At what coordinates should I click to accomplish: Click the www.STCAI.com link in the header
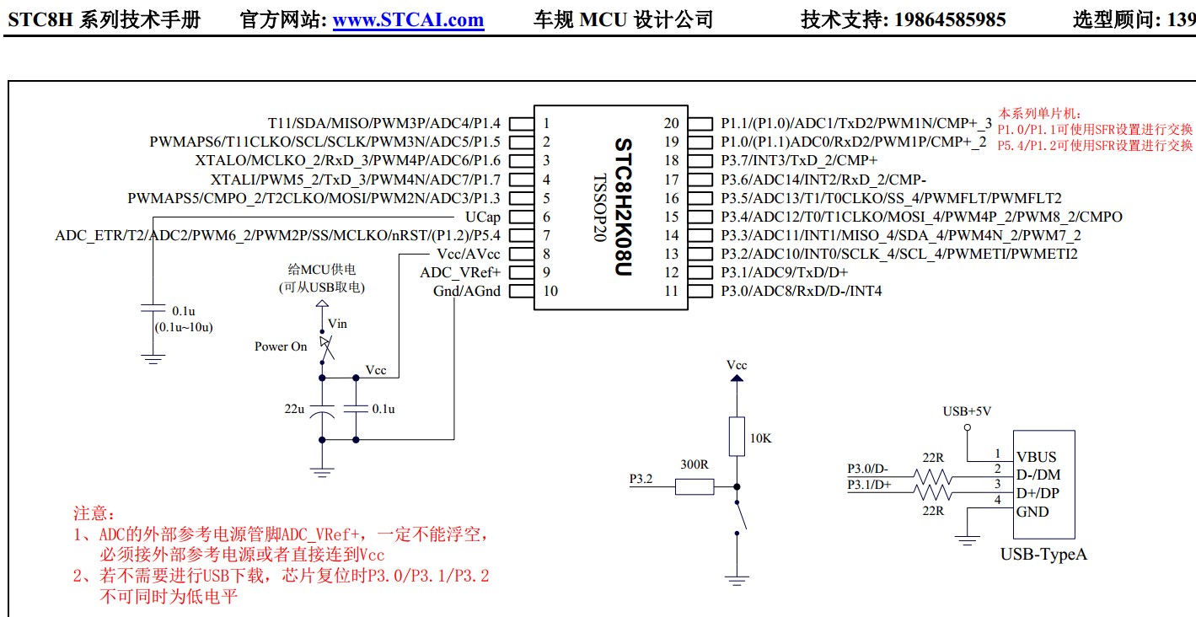pos(408,20)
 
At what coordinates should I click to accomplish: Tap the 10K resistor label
pos(760,438)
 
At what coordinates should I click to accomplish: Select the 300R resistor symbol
pos(695,486)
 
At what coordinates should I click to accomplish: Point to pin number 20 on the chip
pos(671,123)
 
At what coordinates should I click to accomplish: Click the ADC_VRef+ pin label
pos(460,272)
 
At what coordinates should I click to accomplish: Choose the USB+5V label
pos(967,411)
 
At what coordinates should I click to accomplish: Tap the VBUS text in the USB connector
pos(1036,458)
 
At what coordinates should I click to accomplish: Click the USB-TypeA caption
pos(1043,554)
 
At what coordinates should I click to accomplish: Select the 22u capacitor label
pos(294,409)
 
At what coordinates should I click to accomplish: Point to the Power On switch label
pos(281,346)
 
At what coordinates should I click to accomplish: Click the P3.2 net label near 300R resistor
pos(641,479)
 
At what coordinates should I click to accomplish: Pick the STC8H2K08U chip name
pos(623,207)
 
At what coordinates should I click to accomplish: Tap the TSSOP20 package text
pos(599,207)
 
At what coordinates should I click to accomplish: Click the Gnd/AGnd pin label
pos(466,291)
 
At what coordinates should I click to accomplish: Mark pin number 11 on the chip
pos(671,291)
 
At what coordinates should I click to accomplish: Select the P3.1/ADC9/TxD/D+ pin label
pos(784,272)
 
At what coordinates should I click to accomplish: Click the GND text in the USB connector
pos(1032,512)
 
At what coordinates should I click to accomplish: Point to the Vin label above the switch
pos(337,324)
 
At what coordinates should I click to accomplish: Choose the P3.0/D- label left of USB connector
pos(868,469)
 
